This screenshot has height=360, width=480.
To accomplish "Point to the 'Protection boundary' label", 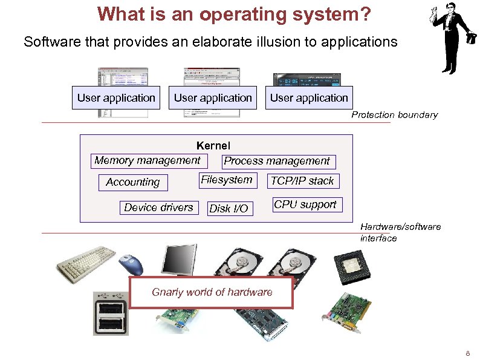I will [x=394, y=115].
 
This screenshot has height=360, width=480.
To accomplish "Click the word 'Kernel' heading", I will [x=213, y=145].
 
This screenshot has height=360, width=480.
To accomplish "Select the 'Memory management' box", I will [x=147, y=160].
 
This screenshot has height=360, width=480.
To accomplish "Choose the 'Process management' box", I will [x=277, y=161].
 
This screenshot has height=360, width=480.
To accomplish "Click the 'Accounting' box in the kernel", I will [x=133, y=182].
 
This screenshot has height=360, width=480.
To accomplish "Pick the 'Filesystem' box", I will [x=226, y=180].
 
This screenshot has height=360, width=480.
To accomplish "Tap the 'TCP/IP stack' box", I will [x=302, y=181].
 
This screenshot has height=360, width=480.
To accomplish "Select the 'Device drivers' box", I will [x=158, y=208].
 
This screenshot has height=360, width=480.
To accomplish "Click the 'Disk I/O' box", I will [x=229, y=209].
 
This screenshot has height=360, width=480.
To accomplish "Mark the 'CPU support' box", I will [x=305, y=205].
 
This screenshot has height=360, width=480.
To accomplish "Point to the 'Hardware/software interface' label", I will [x=400, y=232].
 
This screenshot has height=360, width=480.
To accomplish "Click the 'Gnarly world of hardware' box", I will [x=212, y=293].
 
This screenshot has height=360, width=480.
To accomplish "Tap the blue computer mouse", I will [x=132, y=263].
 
